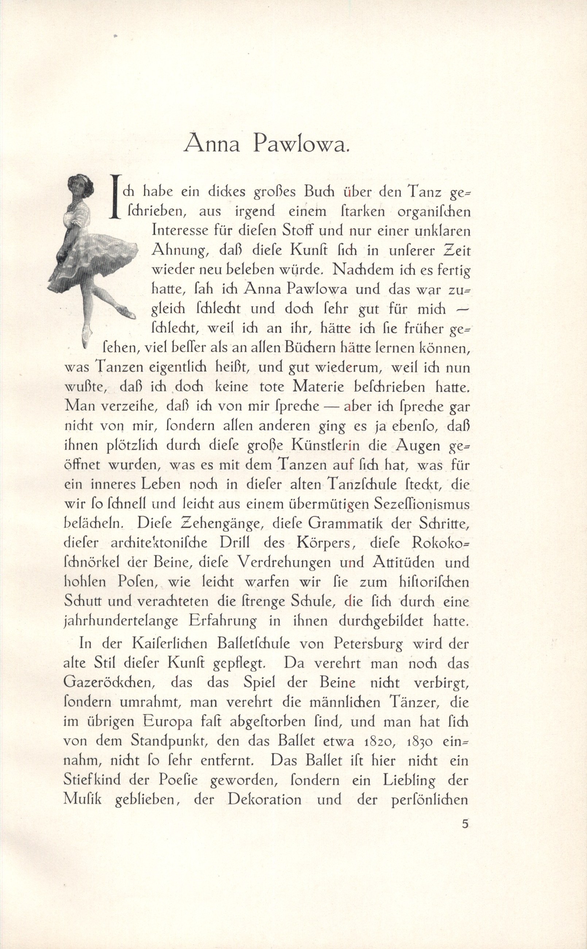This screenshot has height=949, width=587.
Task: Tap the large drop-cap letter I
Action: (114, 198)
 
